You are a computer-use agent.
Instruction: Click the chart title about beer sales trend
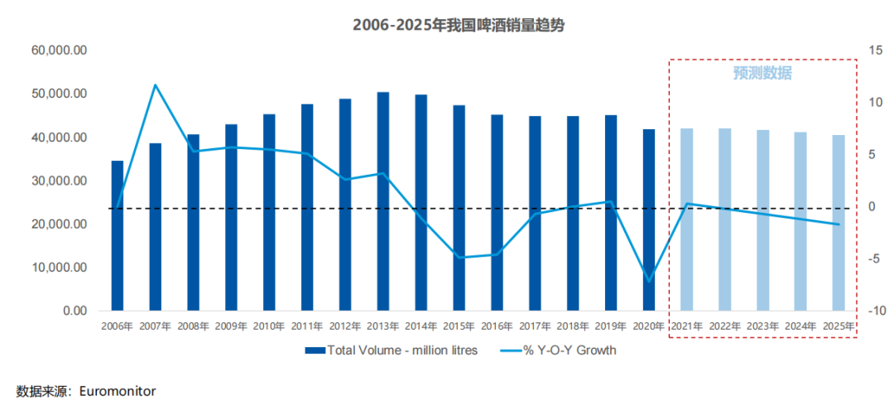[447, 25]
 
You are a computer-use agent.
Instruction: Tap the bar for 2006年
[118, 236]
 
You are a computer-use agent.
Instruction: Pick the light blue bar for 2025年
[839, 223]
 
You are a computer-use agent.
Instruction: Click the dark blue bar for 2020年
[649, 220]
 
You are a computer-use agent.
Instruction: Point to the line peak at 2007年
[155, 84]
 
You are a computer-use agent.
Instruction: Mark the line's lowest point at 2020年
[649, 280]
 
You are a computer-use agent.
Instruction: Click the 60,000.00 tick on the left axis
[60, 51]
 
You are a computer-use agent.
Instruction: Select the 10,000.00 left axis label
[60, 267]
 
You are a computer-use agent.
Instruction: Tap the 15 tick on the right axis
[875, 51]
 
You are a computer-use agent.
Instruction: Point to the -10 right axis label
[874, 311]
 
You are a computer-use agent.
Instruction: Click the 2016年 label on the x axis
[497, 326]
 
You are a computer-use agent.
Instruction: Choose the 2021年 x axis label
[686, 326]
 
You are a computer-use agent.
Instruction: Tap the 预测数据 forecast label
[762, 73]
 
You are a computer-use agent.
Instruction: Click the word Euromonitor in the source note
[118, 390]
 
